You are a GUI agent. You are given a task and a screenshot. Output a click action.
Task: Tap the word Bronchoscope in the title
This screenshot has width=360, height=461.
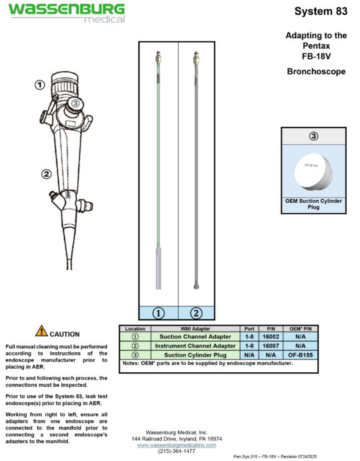316,71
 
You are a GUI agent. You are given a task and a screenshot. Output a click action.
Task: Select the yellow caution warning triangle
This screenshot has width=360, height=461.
41,330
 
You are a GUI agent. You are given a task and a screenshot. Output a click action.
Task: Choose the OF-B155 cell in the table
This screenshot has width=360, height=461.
301,355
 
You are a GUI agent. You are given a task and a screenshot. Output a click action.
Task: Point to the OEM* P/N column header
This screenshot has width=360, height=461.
301,329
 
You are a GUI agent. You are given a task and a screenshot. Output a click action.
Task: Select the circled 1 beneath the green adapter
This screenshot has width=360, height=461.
159,312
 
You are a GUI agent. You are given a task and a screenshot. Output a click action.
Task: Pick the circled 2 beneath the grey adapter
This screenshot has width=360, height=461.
196,312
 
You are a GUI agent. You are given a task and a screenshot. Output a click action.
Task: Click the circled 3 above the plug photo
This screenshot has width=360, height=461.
313,136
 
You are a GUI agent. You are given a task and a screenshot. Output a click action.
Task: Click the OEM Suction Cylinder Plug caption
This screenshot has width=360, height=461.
313,203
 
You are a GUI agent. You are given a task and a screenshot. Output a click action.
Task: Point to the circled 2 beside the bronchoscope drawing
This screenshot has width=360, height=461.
46,175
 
